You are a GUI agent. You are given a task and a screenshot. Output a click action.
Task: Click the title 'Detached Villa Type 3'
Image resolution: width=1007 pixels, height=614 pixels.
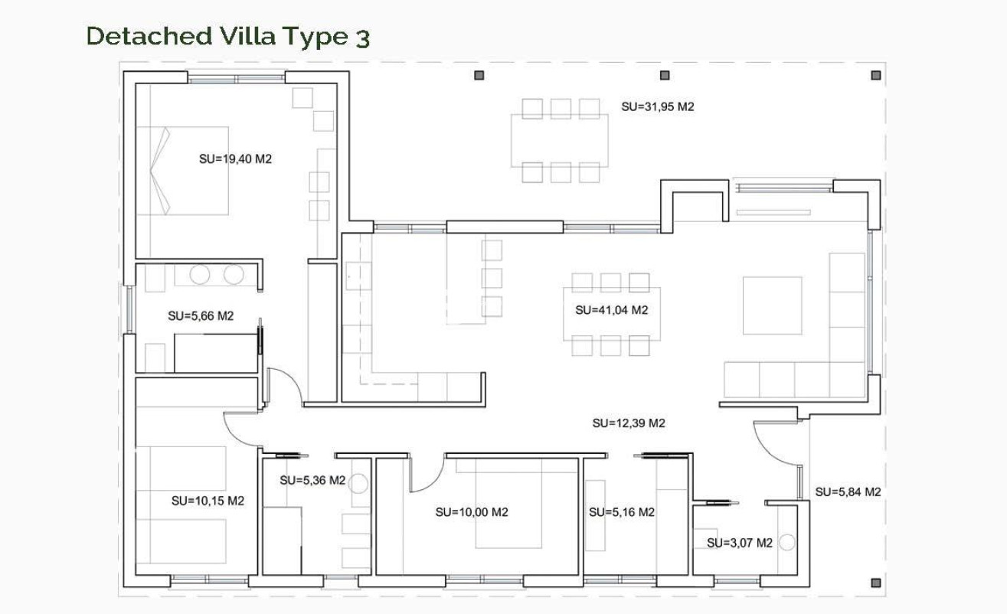227,37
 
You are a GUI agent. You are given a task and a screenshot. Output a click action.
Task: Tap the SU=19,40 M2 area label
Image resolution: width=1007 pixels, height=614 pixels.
235,159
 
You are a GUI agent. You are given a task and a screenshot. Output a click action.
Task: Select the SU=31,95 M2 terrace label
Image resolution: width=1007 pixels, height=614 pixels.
657,107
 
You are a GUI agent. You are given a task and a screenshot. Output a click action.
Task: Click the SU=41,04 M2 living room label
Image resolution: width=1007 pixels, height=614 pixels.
611,310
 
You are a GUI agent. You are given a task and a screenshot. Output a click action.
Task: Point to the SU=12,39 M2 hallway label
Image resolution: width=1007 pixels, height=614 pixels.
629,423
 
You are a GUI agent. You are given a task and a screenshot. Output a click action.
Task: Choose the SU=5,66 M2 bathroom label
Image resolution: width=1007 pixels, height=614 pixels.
200,315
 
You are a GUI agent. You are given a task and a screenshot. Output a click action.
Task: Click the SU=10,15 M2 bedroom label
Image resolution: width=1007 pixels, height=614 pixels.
208,501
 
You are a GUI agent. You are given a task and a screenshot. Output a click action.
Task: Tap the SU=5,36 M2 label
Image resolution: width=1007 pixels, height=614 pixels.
312,481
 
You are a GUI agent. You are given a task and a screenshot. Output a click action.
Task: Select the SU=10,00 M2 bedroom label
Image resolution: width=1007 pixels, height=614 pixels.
471,512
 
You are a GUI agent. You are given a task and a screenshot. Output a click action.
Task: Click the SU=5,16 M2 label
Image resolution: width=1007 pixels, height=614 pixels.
621,512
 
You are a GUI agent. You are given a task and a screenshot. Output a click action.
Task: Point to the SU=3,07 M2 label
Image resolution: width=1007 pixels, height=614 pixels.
739,543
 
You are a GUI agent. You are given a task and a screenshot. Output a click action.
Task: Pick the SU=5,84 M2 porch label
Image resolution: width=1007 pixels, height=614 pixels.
848,492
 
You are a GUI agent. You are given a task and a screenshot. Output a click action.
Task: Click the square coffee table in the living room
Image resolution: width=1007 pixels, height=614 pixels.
772,305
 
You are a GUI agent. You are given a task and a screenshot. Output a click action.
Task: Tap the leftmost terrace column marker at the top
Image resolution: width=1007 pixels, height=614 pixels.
479,75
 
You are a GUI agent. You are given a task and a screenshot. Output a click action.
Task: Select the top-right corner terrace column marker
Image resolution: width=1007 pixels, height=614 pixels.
876,75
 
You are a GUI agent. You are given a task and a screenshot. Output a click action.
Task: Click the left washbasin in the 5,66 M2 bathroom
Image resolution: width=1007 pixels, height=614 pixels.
200,275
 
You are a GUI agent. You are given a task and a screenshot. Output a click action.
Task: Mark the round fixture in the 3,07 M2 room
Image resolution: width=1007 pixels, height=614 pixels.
788,541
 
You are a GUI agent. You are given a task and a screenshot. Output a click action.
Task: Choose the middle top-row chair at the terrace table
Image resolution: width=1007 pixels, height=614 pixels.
561,109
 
